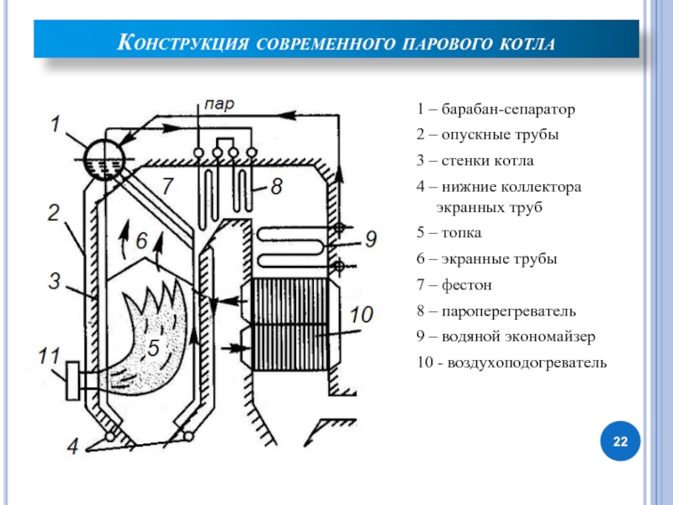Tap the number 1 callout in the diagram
click(55, 125)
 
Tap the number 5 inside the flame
click(153, 348)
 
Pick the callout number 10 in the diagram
click(360, 315)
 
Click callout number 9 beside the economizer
click(371, 239)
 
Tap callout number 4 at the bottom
click(74, 446)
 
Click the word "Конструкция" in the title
click(179, 42)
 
